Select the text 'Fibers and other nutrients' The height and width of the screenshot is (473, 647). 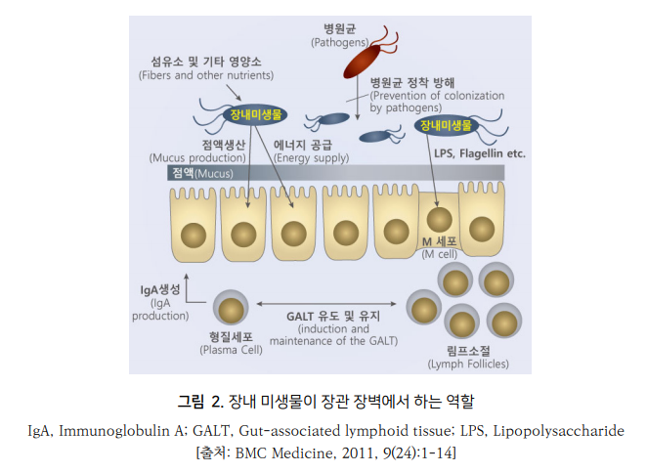(x=205, y=75)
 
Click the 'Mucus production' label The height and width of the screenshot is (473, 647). (x=196, y=156)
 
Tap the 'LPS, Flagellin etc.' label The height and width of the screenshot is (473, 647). (x=479, y=153)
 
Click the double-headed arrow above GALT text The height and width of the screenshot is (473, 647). (x=331, y=302)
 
